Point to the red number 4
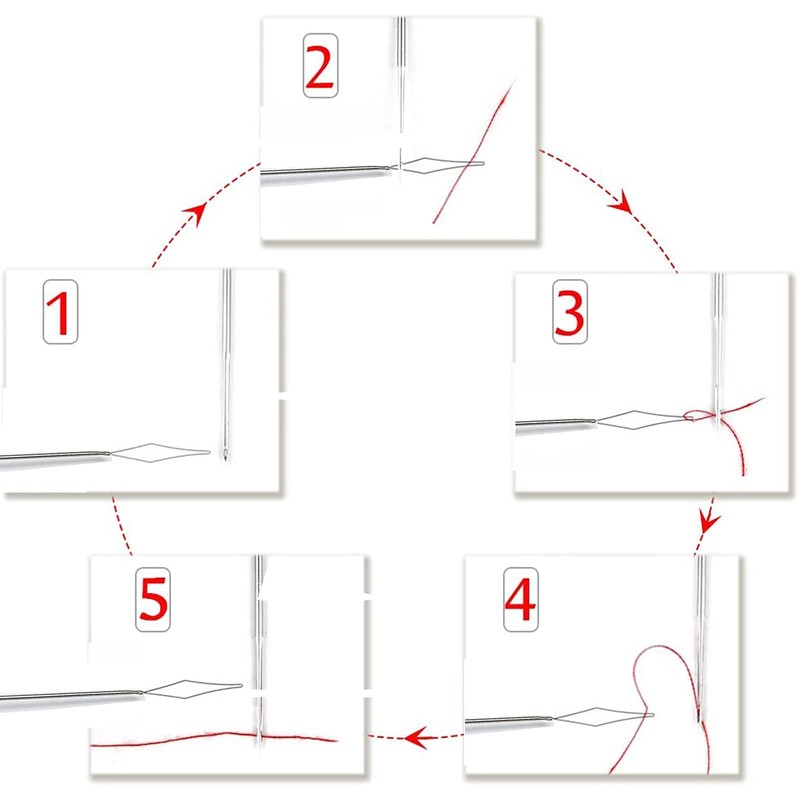point(519,598)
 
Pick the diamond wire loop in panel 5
point(190,688)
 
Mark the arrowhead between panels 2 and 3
point(622,206)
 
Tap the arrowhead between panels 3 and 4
point(708,522)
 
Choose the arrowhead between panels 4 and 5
point(413,738)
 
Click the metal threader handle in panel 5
point(70,695)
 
